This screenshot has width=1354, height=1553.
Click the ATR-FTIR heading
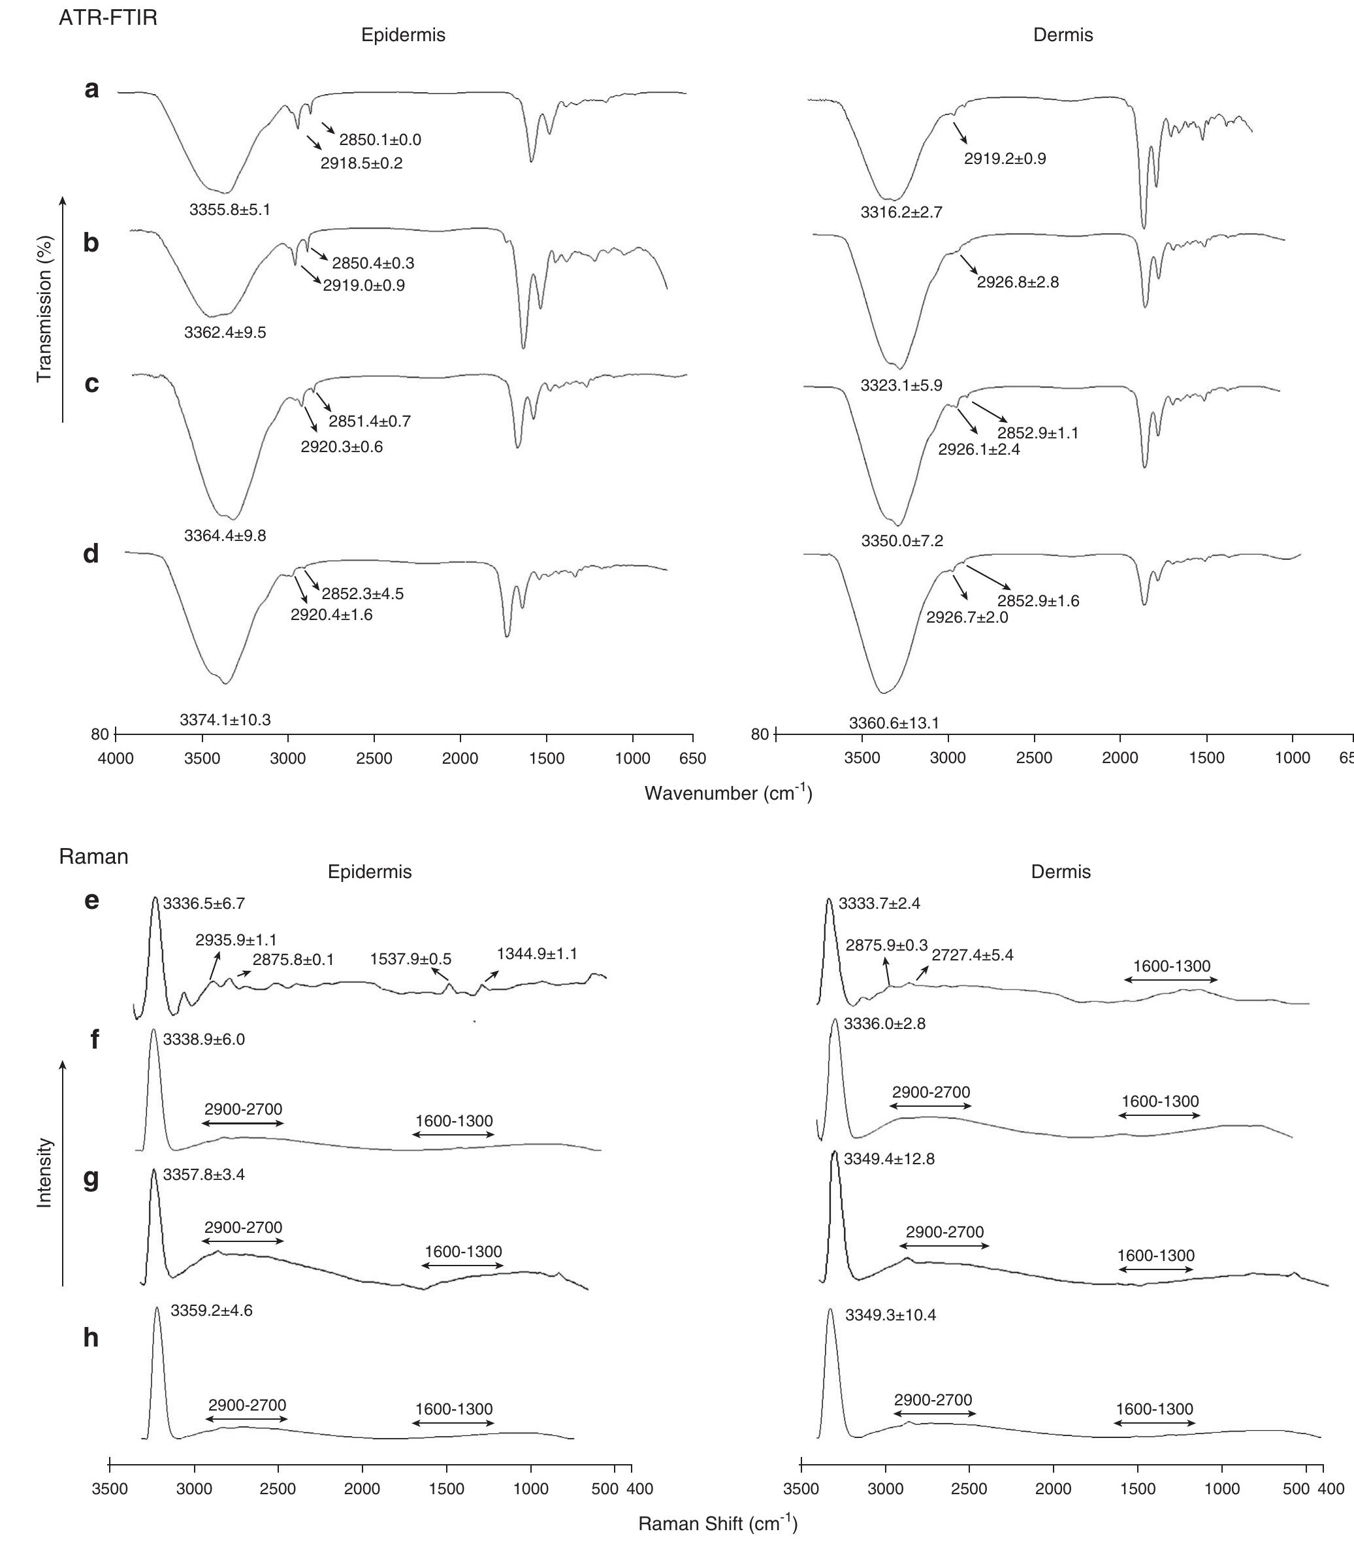(108, 18)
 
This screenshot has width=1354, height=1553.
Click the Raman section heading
(93, 857)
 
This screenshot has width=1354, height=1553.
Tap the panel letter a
(91, 89)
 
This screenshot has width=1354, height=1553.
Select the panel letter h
(91, 1337)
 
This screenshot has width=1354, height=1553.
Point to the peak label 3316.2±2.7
(901, 213)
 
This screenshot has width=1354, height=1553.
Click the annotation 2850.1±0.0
(380, 140)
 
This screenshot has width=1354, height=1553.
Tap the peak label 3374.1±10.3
(225, 720)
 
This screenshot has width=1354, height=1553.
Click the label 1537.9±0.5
(410, 959)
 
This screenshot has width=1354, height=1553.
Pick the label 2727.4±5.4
(973, 955)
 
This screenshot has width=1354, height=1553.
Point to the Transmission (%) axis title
(44, 308)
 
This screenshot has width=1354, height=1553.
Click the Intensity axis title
(44, 1173)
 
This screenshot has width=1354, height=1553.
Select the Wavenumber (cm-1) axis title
(728, 793)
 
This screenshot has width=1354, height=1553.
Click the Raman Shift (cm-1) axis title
(717, 1524)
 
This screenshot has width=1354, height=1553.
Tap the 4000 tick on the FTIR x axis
(116, 759)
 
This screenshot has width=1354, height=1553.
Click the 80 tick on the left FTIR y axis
(100, 734)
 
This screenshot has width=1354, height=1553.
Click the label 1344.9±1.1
(536, 954)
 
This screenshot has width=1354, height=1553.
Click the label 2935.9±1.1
(236, 940)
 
